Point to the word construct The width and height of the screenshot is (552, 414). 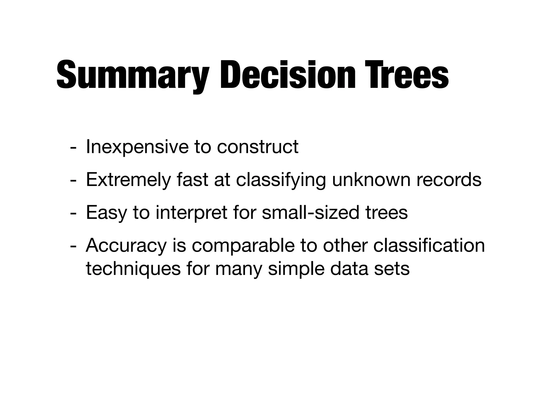[257, 147]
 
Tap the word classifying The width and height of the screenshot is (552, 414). [281, 180]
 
